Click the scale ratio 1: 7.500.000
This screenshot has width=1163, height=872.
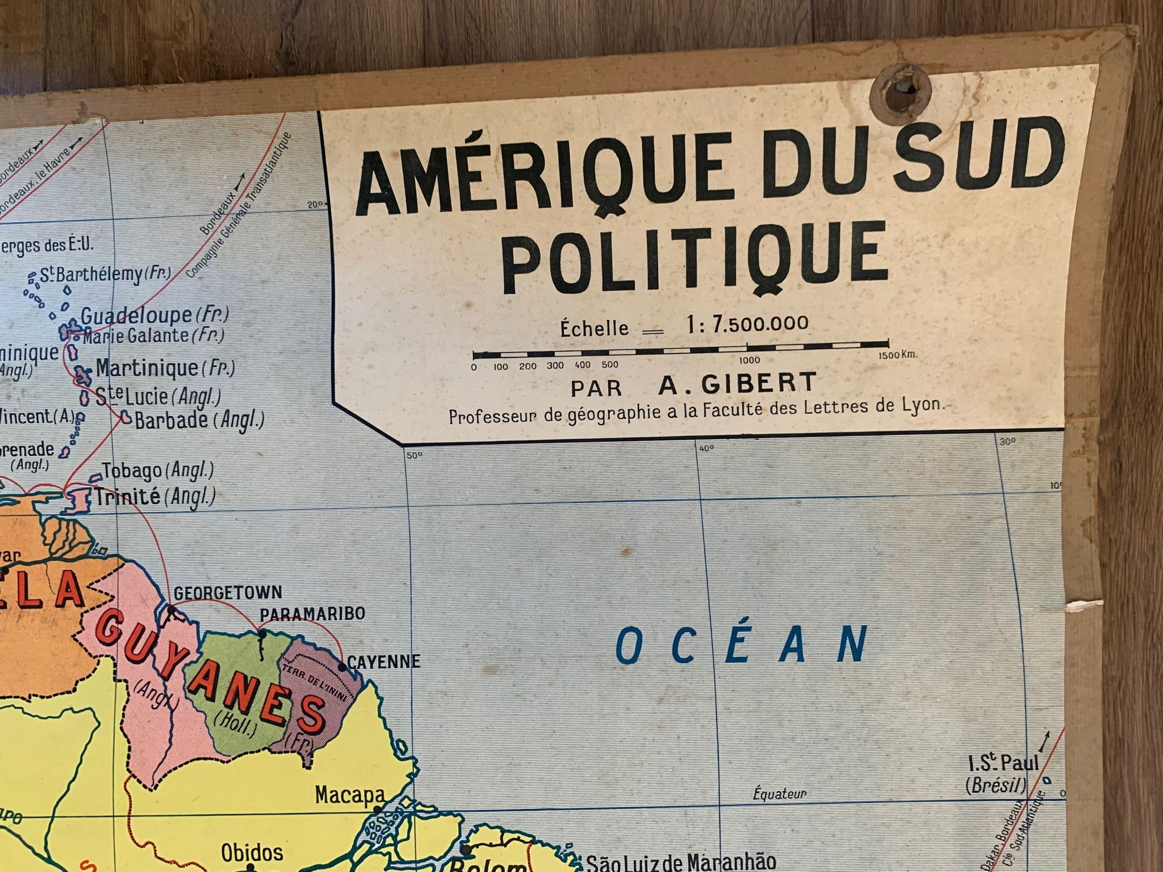(x=747, y=324)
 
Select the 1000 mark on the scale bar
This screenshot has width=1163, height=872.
(x=749, y=360)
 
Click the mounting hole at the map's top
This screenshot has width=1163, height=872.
(x=901, y=90)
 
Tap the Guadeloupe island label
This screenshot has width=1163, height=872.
(x=136, y=316)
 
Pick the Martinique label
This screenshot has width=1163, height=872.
(x=147, y=368)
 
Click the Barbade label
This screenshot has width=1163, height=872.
(x=171, y=420)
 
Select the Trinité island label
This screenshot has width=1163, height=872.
(x=127, y=497)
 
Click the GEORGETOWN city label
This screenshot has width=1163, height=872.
(x=228, y=593)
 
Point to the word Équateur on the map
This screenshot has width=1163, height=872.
(x=779, y=794)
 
